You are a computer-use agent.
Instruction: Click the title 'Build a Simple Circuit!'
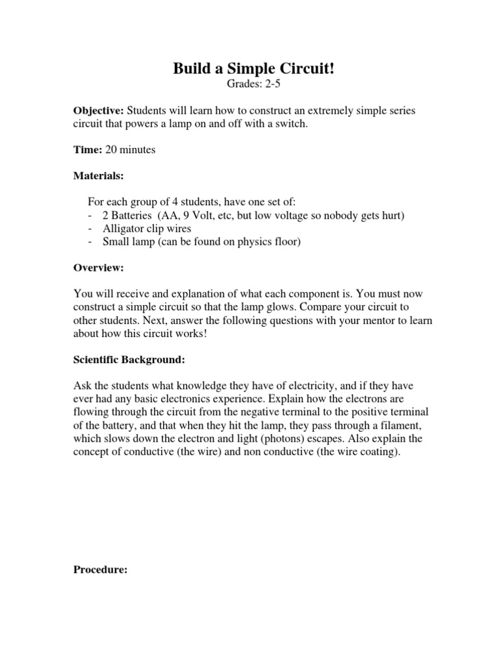click(254, 70)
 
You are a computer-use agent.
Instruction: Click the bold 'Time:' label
click(87, 149)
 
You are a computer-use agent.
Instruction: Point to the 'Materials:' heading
click(98, 175)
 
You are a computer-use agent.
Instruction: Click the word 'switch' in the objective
click(288, 124)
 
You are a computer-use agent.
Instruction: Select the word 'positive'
click(377, 412)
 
